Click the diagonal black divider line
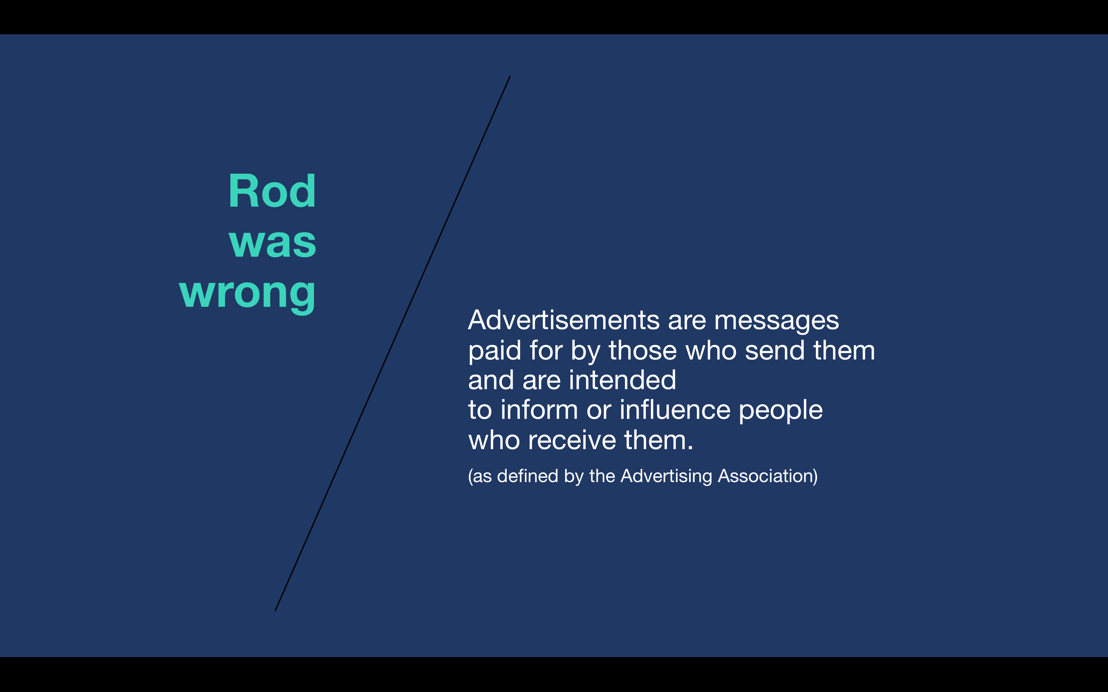(x=392, y=343)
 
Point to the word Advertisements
(x=564, y=320)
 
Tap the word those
(x=643, y=351)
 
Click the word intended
(x=622, y=380)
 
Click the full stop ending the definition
(x=691, y=448)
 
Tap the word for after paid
(x=546, y=351)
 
